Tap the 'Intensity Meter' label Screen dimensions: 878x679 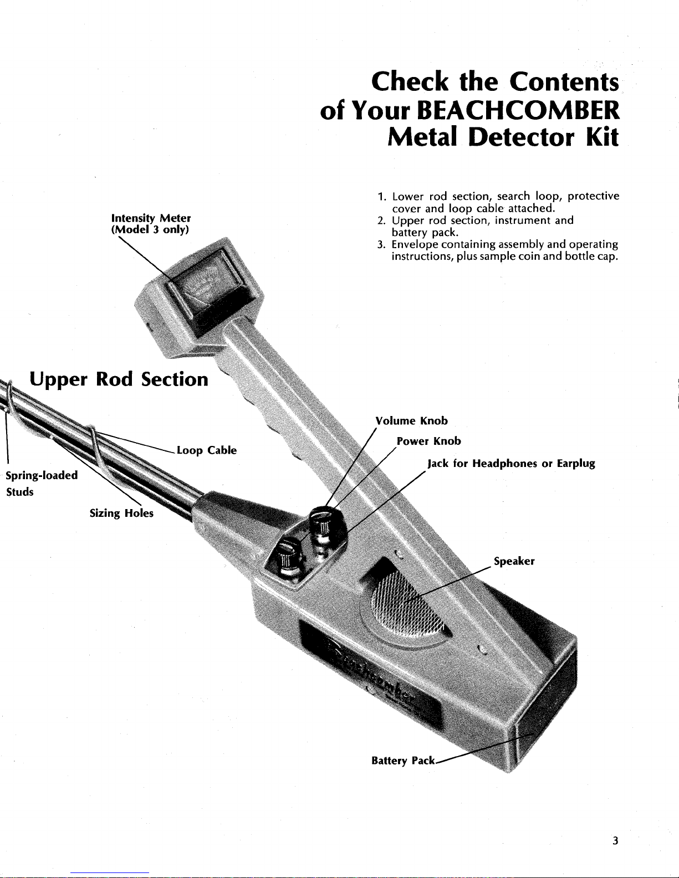[x=151, y=218]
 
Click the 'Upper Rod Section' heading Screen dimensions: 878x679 [x=119, y=379]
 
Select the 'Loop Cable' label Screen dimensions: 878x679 [x=207, y=450]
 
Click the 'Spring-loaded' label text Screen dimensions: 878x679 [x=41, y=475]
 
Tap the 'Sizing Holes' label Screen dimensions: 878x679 [x=121, y=513]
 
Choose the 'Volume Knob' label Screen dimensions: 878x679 [x=411, y=420]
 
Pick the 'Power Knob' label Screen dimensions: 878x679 [x=429, y=441]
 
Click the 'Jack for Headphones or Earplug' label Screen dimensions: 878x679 [x=511, y=463]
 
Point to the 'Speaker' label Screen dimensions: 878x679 [x=514, y=561]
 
